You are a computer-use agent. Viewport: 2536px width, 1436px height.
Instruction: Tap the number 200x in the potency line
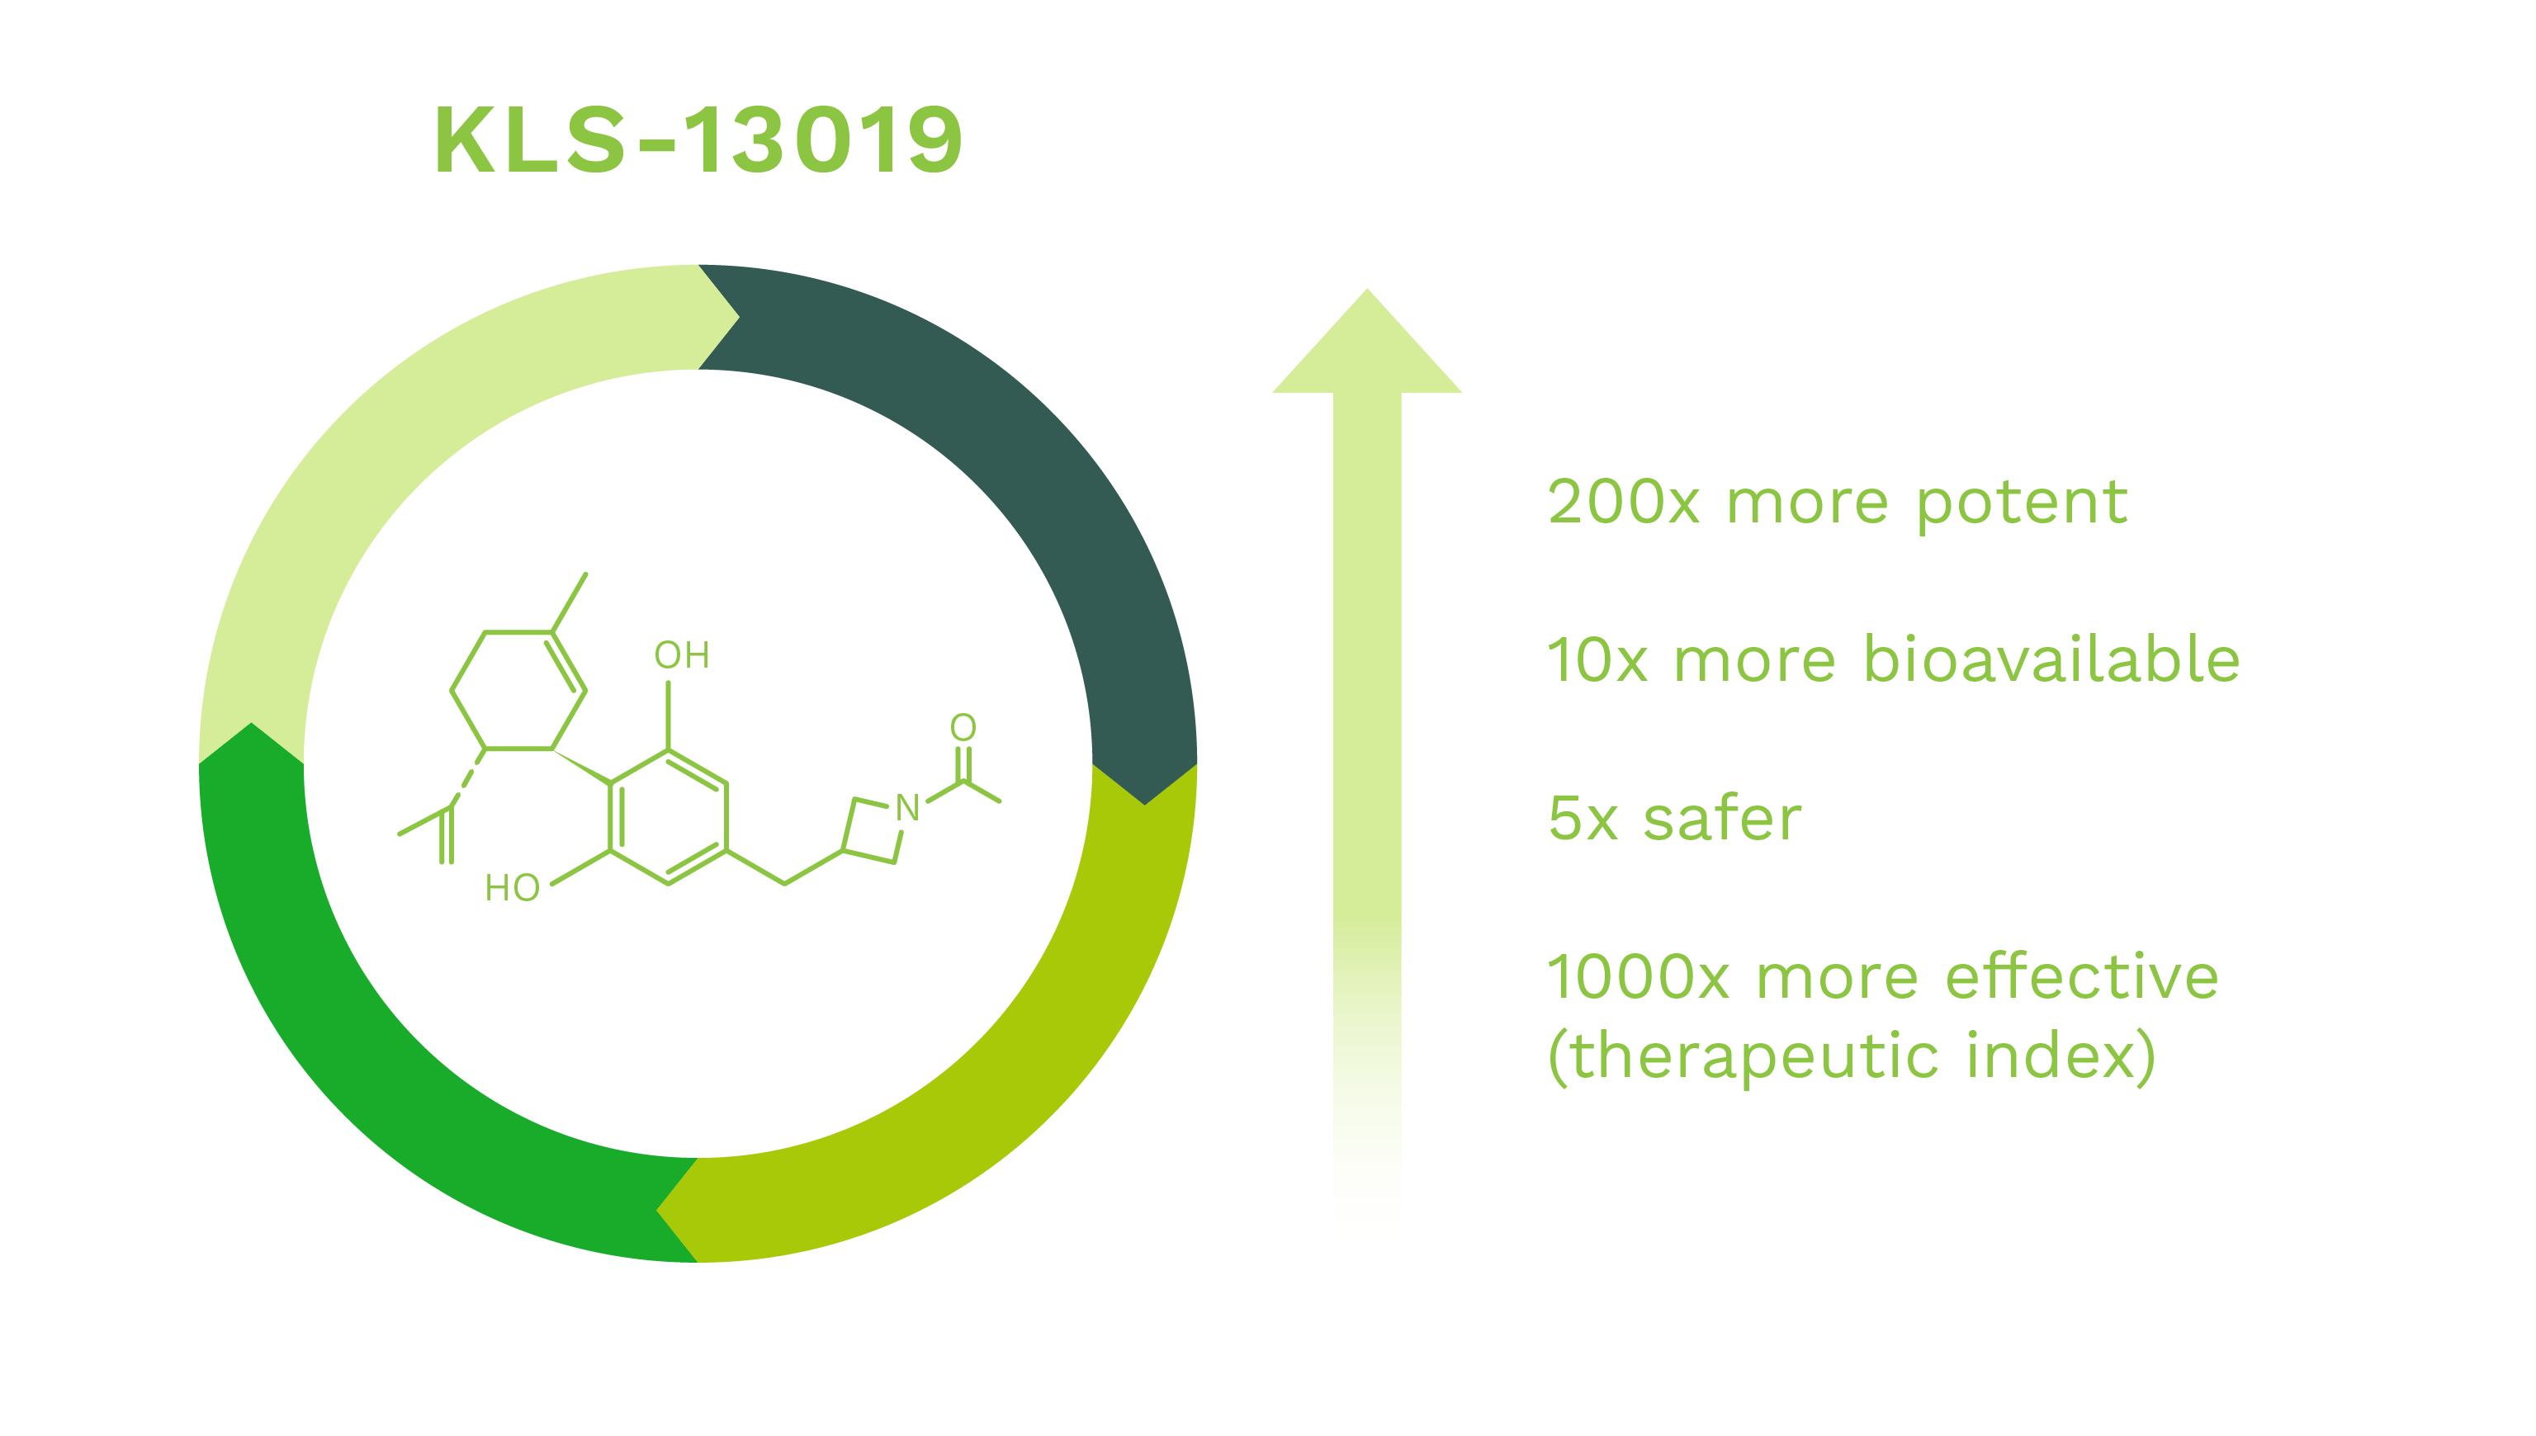(1624, 502)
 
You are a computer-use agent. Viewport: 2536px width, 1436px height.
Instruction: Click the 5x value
(1583, 819)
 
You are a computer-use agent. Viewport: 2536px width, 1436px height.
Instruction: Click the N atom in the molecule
(907, 808)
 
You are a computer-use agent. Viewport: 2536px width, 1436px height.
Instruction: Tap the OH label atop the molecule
(682, 655)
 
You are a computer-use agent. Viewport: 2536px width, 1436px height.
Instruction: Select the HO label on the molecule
(512, 888)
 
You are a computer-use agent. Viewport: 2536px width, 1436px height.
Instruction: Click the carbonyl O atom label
(963, 728)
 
